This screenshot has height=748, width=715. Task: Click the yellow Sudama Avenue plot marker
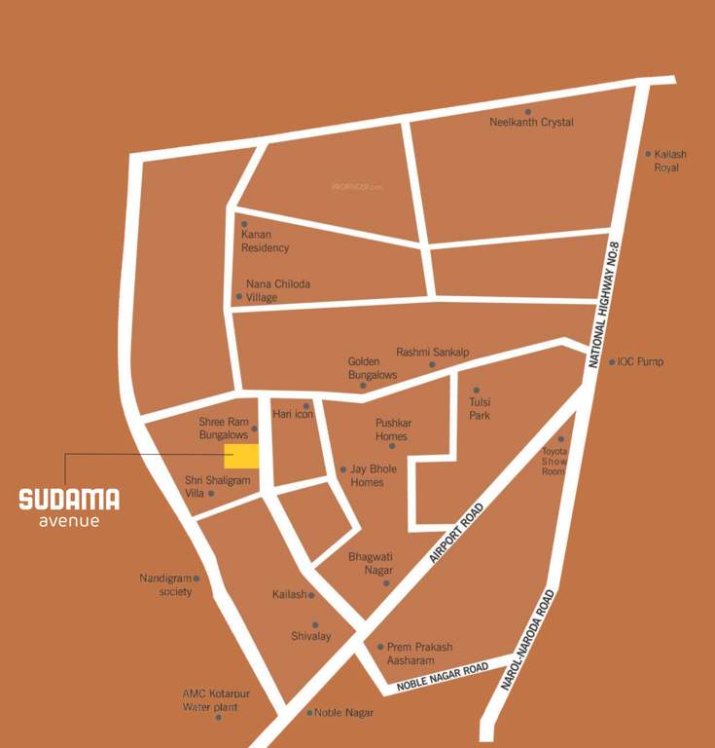click(241, 457)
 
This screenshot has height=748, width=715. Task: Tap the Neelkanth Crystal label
click(531, 123)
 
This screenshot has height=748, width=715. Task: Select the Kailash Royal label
click(666, 161)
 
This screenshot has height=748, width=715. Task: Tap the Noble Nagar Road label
click(442, 677)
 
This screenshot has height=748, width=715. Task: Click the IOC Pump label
click(641, 362)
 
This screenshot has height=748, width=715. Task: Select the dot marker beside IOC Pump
click(612, 362)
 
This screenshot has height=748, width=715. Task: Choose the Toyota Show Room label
click(554, 462)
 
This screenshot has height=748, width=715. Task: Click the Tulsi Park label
click(480, 408)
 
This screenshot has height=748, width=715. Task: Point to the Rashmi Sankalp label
click(432, 352)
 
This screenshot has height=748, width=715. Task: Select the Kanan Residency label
click(265, 241)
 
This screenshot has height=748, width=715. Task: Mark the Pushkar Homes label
click(391, 430)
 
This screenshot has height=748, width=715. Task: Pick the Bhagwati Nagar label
click(371, 562)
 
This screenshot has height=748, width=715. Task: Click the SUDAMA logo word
click(69, 500)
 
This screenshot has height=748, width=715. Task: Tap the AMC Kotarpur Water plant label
click(210, 700)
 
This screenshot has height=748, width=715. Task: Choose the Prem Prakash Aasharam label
click(419, 654)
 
